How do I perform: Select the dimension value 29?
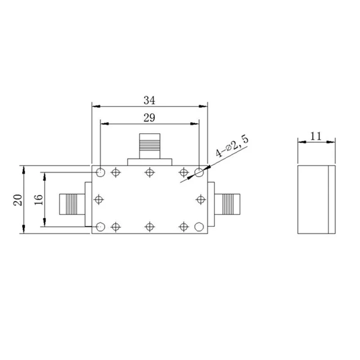click(x=149, y=117)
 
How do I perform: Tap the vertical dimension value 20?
click(x=18, y=199)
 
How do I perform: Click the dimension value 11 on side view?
click(x=316, y=136)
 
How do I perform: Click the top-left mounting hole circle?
click(x=100, y=172)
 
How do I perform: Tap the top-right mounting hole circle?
click(x=199, y=172)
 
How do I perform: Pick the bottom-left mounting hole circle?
click(x=100, y=226)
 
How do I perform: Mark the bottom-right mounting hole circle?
click(x=199, y=226)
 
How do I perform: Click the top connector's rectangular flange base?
click(x=150, y=162)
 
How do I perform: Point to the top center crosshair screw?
click(x=150, y=172)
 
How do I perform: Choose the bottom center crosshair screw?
click(x=150, y=226)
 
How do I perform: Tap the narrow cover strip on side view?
click(x=332, y=200)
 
